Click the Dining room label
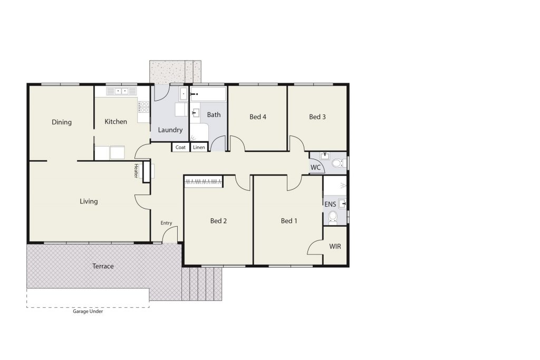point(62,122)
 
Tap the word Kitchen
point(115,121)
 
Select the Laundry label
point(170,130)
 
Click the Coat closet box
point(180,147)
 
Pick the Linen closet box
point(199,147)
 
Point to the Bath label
point(214,114)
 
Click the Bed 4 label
point(258,116)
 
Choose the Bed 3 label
point(317,116)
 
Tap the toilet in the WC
point(339,163)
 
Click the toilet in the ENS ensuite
point(333,217)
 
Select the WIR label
point(335,247)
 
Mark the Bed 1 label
point(289,221)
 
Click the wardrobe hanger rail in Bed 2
point(204,181)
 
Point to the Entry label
point(166,223)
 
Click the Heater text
point(136,171)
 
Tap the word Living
point(89,201)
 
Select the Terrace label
point(103,266)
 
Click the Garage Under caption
point(88,312)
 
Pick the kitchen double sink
point(122,91)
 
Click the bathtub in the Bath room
point(208,94)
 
